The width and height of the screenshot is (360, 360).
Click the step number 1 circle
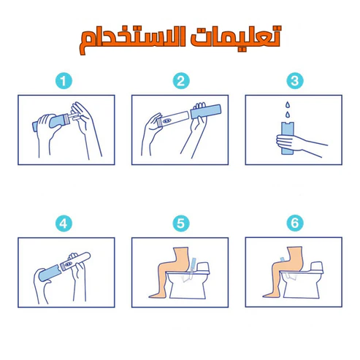coord(64,81)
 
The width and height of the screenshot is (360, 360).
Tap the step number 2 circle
coord(181,81)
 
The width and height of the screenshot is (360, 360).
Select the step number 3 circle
coord(295,81)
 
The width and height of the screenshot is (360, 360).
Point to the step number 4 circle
coord(64,223)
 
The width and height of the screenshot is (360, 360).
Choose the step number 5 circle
coord(181,223)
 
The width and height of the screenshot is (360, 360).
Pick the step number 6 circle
coord(295,223)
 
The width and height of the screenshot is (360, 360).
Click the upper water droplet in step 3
coord(288,105)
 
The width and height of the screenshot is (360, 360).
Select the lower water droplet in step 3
coord(288,114)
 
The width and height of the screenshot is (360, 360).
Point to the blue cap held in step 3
coord(288,138)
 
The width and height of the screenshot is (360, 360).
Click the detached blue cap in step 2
coord(206,112)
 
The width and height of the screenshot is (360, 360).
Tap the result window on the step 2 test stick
coord(166,120)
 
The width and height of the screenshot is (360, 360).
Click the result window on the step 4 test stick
coord(68,264)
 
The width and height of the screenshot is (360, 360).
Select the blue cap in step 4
coord(50,273)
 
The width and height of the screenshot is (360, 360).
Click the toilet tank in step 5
coord(203,268)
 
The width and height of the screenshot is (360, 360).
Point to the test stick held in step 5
coord(193,264)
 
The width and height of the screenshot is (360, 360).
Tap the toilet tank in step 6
coord(317,267)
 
